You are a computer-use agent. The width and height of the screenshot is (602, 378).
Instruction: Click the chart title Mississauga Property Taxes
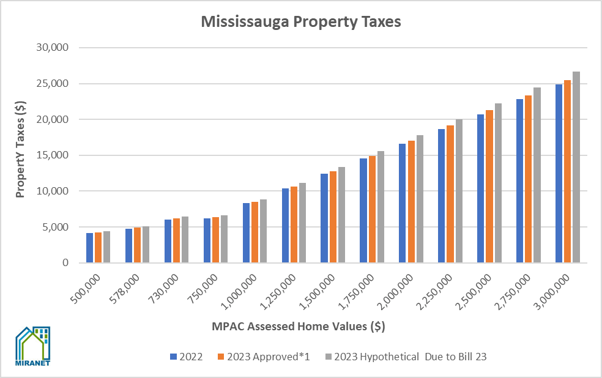tap(300, 23)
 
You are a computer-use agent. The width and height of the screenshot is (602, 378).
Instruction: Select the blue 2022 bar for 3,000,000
tap(559, 174)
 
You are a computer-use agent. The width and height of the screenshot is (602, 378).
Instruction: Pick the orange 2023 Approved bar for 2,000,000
tap(411, 202)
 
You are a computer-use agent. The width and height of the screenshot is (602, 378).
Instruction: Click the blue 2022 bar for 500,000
tap(90, 248)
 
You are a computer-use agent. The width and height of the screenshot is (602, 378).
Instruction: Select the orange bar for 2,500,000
tap(489, 187)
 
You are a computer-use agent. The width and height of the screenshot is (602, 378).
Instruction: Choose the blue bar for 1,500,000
tap(324, 218)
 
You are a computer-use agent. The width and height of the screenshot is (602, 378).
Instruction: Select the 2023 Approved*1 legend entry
tap(263, 357)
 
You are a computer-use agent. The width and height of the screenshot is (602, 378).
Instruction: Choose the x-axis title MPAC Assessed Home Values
tap(298, 326)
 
